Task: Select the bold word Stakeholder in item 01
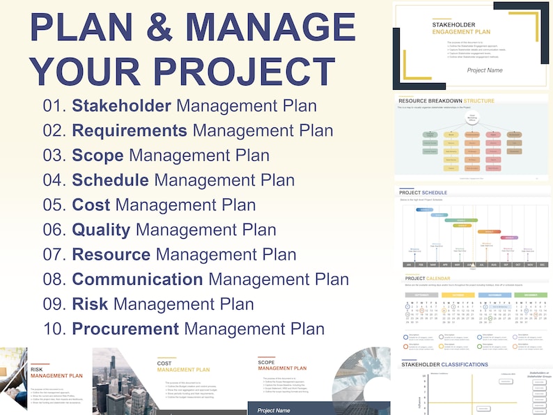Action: pos(122,106)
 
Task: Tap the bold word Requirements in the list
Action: pos(130,130)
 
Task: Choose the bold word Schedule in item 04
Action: pos(110,180)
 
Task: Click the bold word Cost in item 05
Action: pos(91,205)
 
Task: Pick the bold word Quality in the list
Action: pos(101,229)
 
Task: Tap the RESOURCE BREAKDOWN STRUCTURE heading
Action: pos(446,101)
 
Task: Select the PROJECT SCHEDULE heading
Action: pos(423,192)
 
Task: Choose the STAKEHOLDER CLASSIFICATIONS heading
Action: pos(445,364)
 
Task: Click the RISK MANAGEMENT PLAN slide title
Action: pos(56,373)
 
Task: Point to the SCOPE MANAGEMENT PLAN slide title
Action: pos(281,365)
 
